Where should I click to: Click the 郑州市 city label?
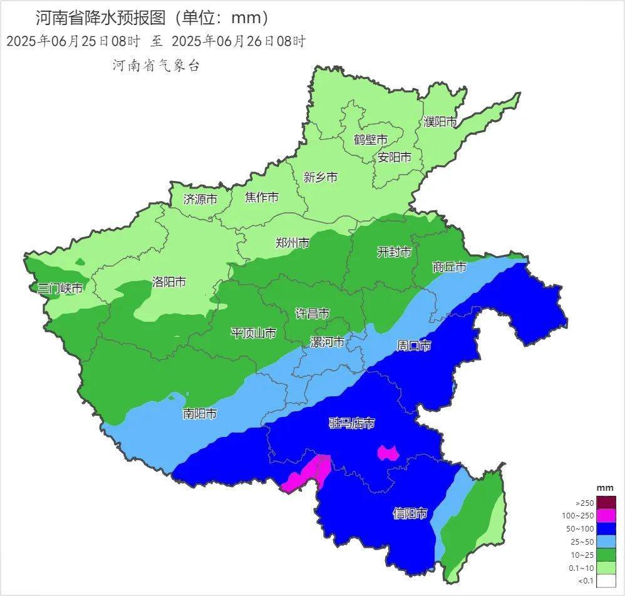coord(292,243)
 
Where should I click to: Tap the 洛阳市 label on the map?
coord(169,282)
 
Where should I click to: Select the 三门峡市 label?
coord(59,289)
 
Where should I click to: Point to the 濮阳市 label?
coord(440,122)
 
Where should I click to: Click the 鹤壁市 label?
coord(370,139)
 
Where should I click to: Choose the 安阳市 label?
coord(395,157)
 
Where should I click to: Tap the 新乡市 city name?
coord(321,177)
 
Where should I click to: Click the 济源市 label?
coord(200,199)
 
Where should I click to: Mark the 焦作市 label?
coord(262,197)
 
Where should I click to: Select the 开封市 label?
coord(394,252)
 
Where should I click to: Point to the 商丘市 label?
coord(449,267)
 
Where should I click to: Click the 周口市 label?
coord(414,346)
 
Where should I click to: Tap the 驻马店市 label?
coord(352,423)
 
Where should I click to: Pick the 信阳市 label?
coord(410,513)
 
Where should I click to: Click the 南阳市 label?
coord(200,413)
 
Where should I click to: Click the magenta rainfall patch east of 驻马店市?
coord(388,453)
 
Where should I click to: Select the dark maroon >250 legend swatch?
coord(606,503)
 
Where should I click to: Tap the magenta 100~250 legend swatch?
coord(606,516)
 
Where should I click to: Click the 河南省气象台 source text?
coord(156,66)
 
